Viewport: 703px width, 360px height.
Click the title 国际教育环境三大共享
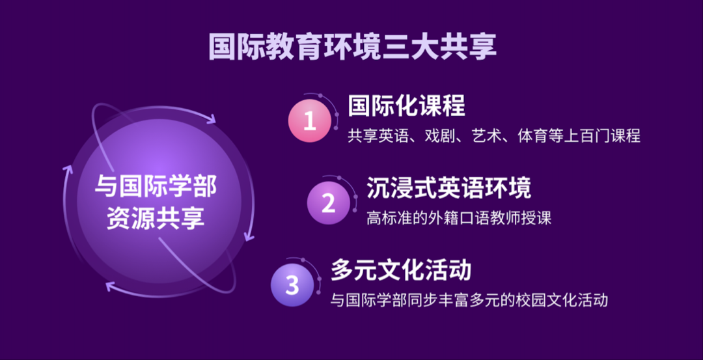click(x=352, y=46)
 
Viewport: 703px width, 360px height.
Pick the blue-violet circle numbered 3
click(x=292, y=284)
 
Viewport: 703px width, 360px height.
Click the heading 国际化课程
click(x=406, y=105)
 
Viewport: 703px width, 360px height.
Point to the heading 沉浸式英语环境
click(x=448, y=187)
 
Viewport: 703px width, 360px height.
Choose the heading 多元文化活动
click(x=400, y=269)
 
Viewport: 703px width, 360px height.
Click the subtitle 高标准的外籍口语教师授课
click(x=459, y=218)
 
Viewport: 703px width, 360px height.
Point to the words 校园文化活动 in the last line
click(x=566, y=300)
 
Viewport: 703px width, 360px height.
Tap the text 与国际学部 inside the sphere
click(x=156, y=187)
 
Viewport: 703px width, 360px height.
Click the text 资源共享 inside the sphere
click(x=156, y=219)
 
